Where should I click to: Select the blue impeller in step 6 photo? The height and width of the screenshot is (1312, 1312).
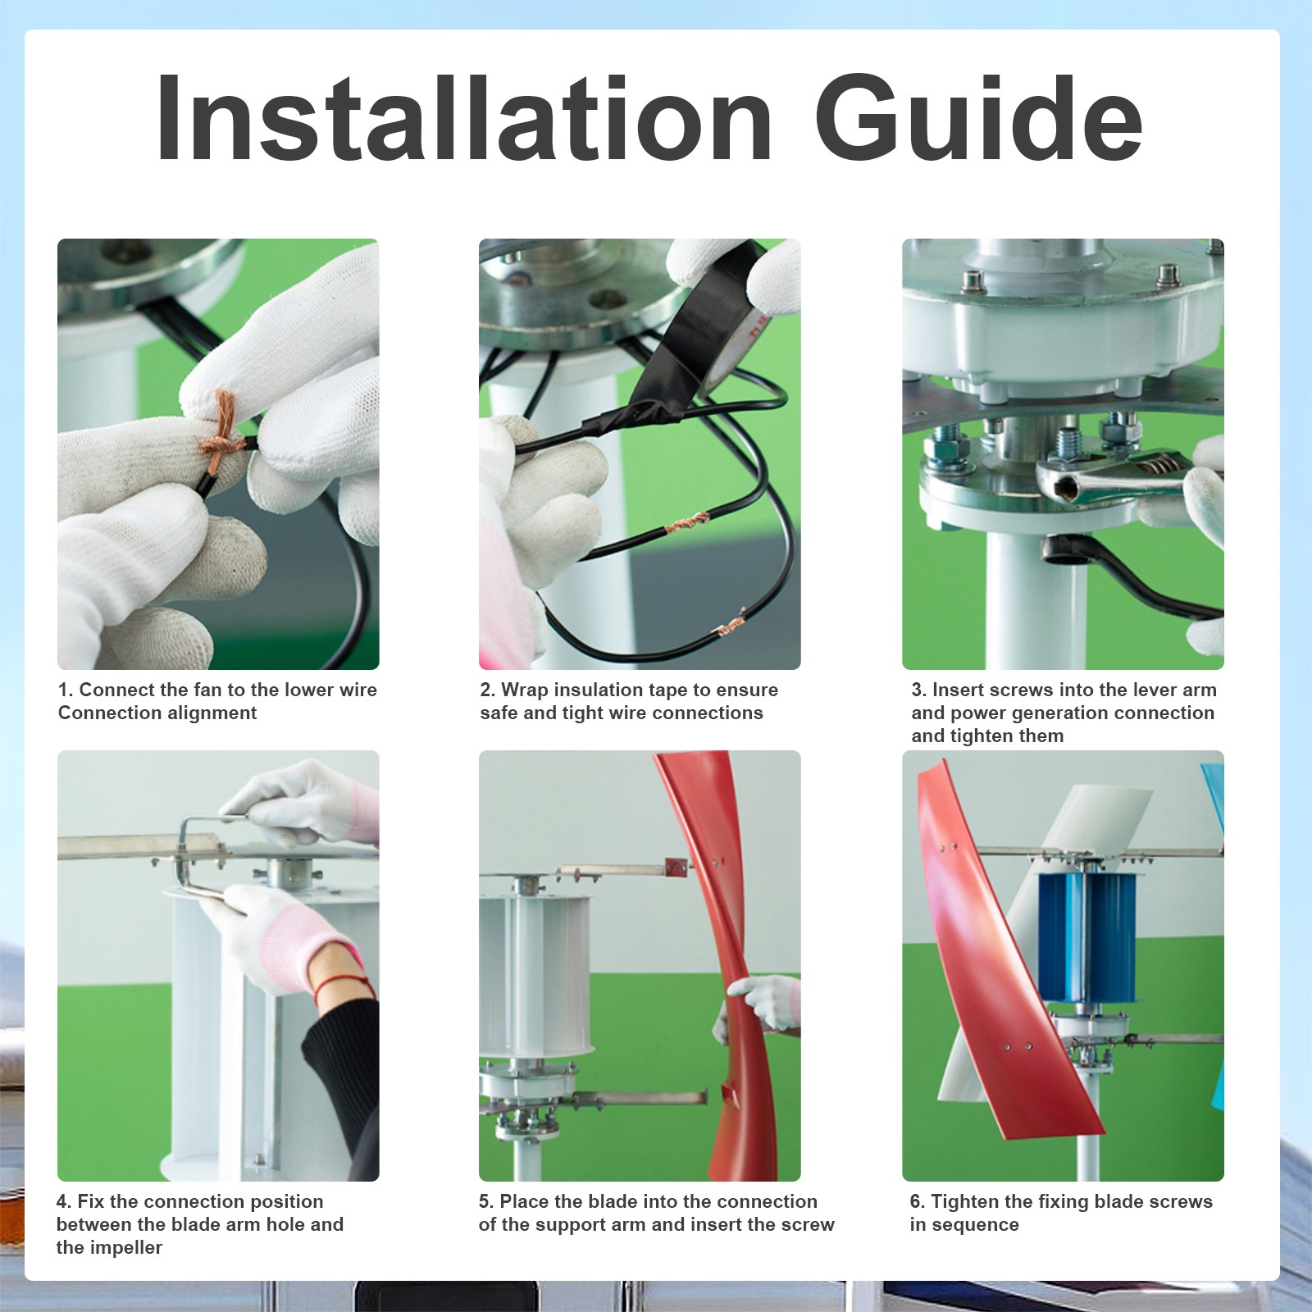pos(1087,936)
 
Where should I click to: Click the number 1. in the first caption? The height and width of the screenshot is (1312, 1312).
pos(66,690)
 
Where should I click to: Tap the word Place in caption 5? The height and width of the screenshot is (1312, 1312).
pos(524,1201)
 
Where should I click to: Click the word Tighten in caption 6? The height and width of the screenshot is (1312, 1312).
pos(964,1202)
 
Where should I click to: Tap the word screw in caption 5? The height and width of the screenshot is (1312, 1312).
pos(805,1225)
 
